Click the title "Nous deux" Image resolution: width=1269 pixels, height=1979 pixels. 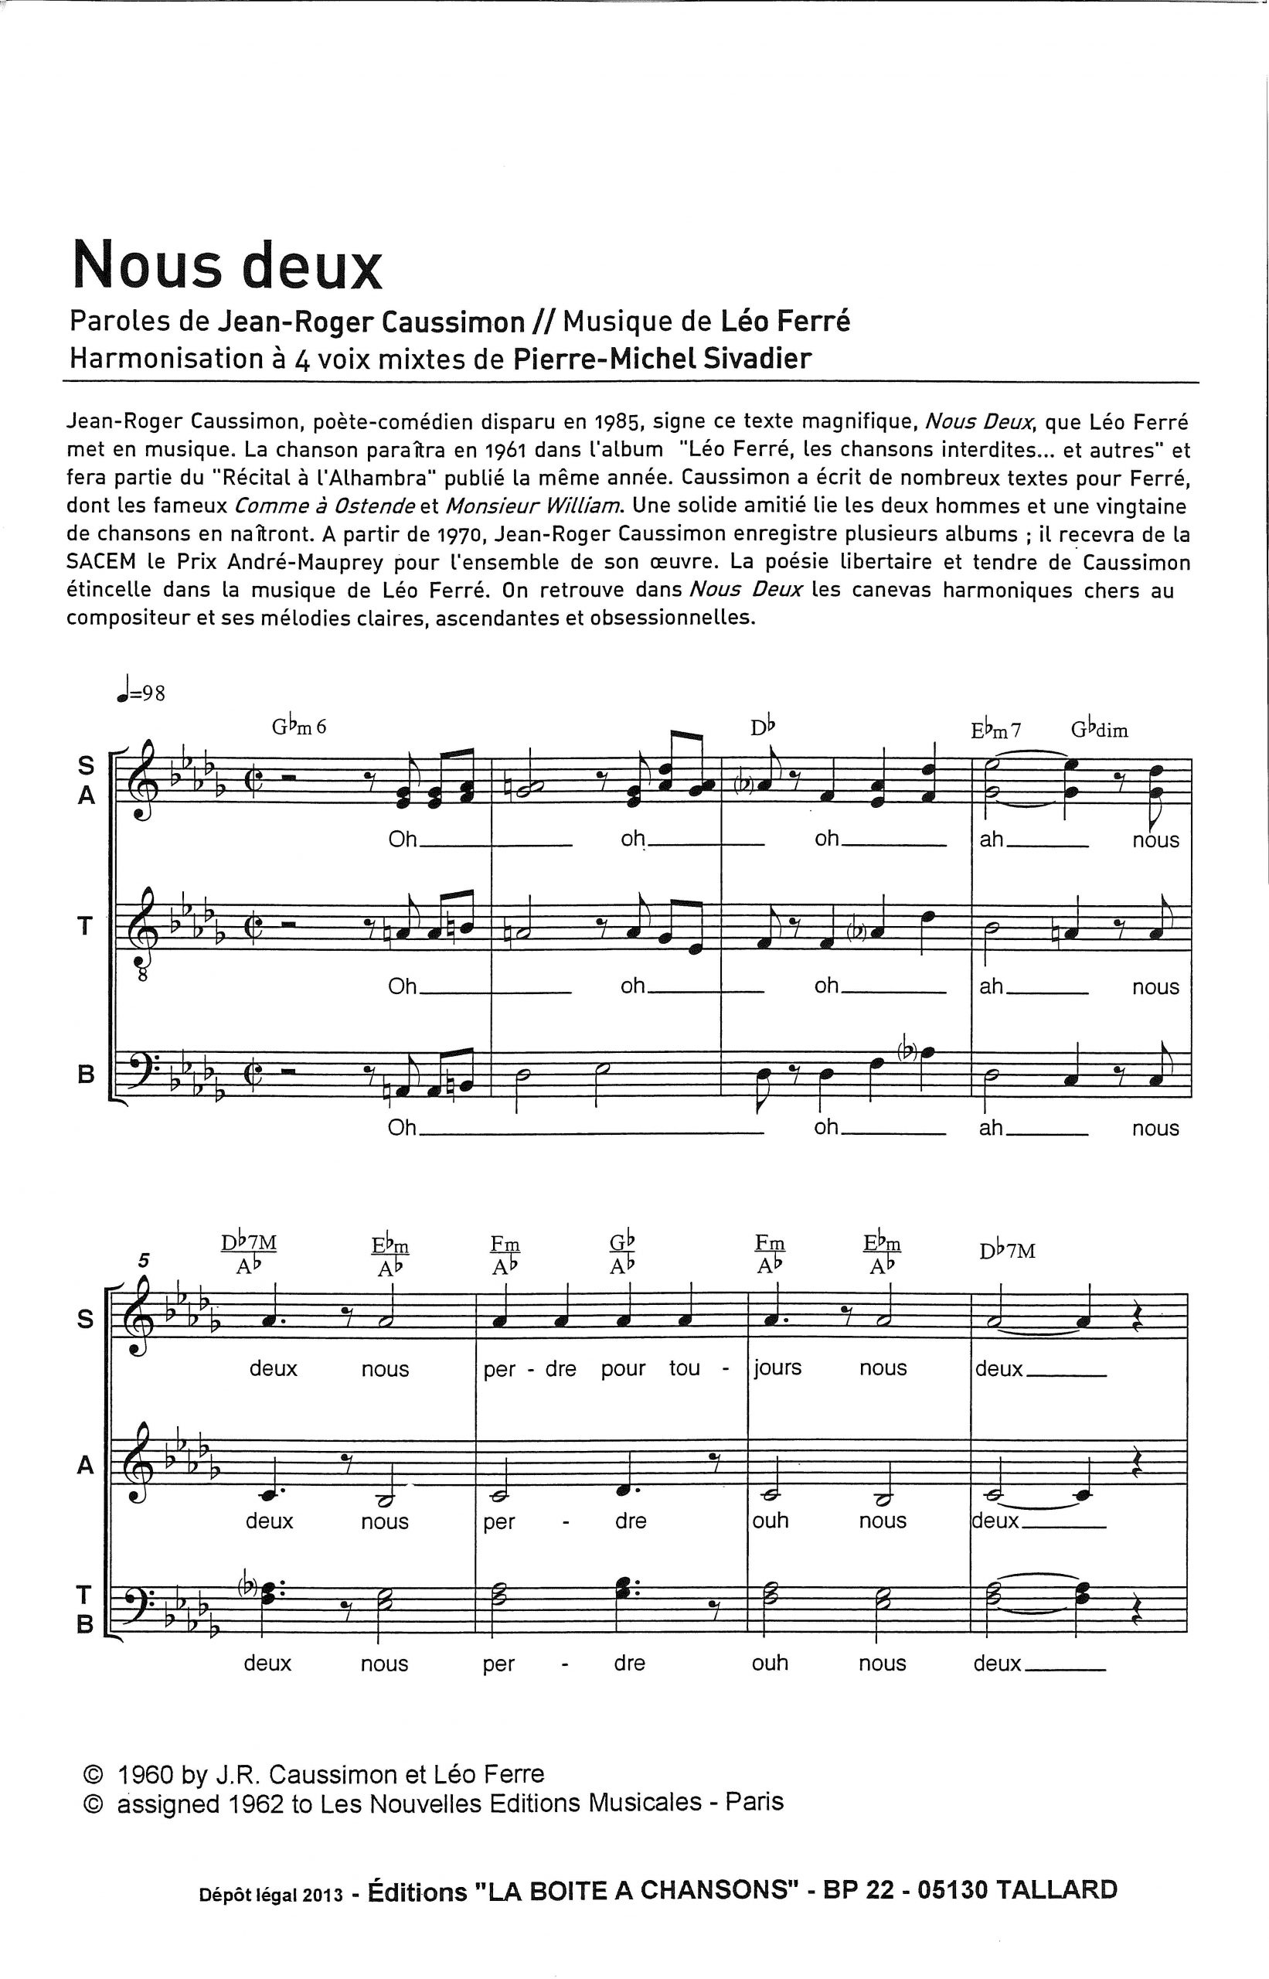tap(227, 265)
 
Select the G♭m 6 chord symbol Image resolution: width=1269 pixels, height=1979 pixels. tap(299, 727)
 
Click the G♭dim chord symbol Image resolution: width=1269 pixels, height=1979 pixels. tap(1099, 730)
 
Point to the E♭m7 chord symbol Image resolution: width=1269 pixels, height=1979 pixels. tap(996, 730)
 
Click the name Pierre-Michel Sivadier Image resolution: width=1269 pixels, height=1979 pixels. tap(662, 359)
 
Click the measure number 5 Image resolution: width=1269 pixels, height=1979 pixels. tap(145, 1260)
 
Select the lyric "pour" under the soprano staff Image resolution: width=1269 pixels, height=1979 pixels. tap(623, 1368)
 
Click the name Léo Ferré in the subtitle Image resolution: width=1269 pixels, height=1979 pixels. tap(785, 322)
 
